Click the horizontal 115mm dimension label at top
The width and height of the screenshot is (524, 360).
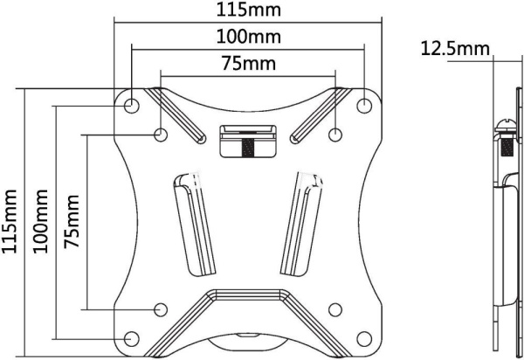(x=249, y=10)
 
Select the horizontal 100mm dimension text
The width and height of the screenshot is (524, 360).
(x=249, y=37)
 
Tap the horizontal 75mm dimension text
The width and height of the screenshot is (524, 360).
(x=249, y=64)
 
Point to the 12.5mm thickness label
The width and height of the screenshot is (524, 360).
(x=455, y=49)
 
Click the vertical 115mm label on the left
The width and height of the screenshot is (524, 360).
(x=10, y=221)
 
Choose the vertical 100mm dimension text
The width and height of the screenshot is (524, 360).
(x=41, y=221)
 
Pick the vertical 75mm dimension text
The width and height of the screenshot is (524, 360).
(x=72, y=221)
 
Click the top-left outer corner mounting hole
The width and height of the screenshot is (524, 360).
(x=131, y=106)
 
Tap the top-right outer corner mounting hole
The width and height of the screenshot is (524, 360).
(x=364, y=106)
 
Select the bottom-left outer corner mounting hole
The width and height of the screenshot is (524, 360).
(x=131, y=339)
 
